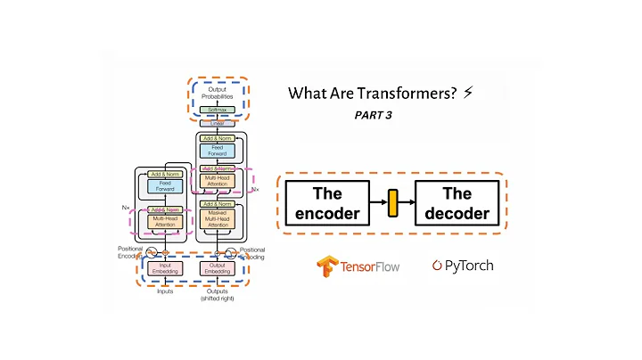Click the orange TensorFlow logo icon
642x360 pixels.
326,266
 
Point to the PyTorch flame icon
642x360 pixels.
437,266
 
